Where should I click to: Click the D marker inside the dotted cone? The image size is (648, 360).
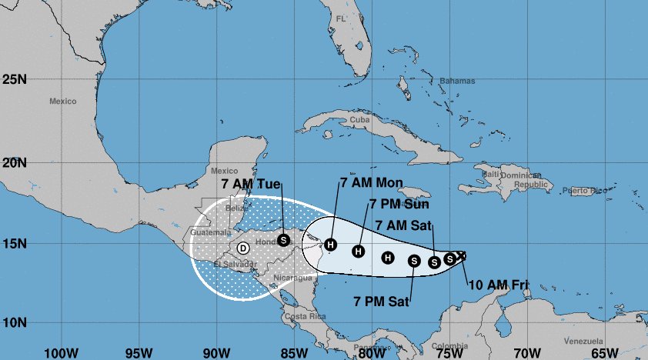click(242, 248)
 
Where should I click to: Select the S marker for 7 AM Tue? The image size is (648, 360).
click(283, 239)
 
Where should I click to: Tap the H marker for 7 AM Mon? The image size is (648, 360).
click(330, 245)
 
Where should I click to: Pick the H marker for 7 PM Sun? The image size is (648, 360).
click(358, 251)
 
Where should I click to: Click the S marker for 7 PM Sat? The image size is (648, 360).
click(413, 261)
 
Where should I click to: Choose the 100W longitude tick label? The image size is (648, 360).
click(58, 353)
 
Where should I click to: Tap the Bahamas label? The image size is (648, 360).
click(457, 81)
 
